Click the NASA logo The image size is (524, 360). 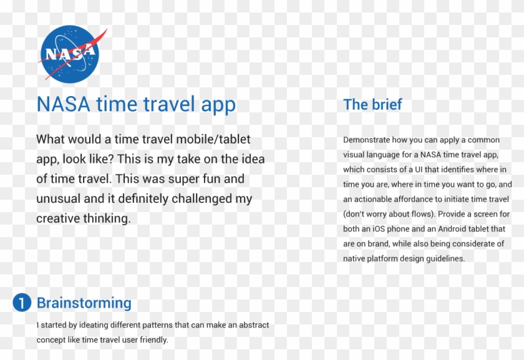tap(70, 54)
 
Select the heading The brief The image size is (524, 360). tap(372, 104)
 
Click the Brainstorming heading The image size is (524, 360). tap(84, 303)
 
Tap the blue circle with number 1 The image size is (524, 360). tap(21, 303)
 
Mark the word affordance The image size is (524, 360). tap(406, 199)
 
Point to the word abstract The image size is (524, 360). tap(253, 326)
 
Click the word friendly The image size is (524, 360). tap(153, 340)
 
